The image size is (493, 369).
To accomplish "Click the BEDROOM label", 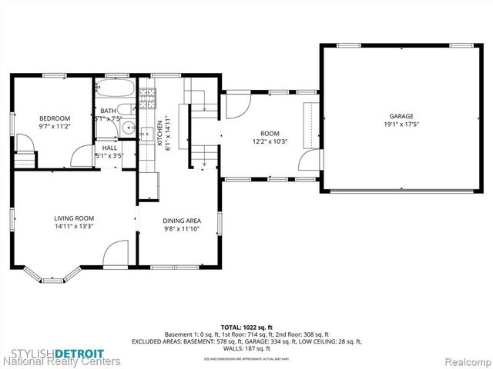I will click(x=54, y=118).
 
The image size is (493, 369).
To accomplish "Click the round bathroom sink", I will click(x=130, y=128).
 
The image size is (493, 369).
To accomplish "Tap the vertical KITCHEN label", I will click(x=159, y=133).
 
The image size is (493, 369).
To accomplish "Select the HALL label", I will click(x=109, y=148).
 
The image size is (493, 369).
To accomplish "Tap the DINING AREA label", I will click(x=182, y=221).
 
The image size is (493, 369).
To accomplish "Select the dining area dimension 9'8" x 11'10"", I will click(x=182, y=228).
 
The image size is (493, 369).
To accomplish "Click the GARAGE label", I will click(x=401, y=115).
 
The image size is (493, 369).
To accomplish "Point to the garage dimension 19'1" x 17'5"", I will click(x=401, y=124).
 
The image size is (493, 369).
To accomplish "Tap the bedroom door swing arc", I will click(x=81, y=156).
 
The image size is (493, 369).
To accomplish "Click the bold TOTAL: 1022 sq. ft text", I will click(x=246, y=327).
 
